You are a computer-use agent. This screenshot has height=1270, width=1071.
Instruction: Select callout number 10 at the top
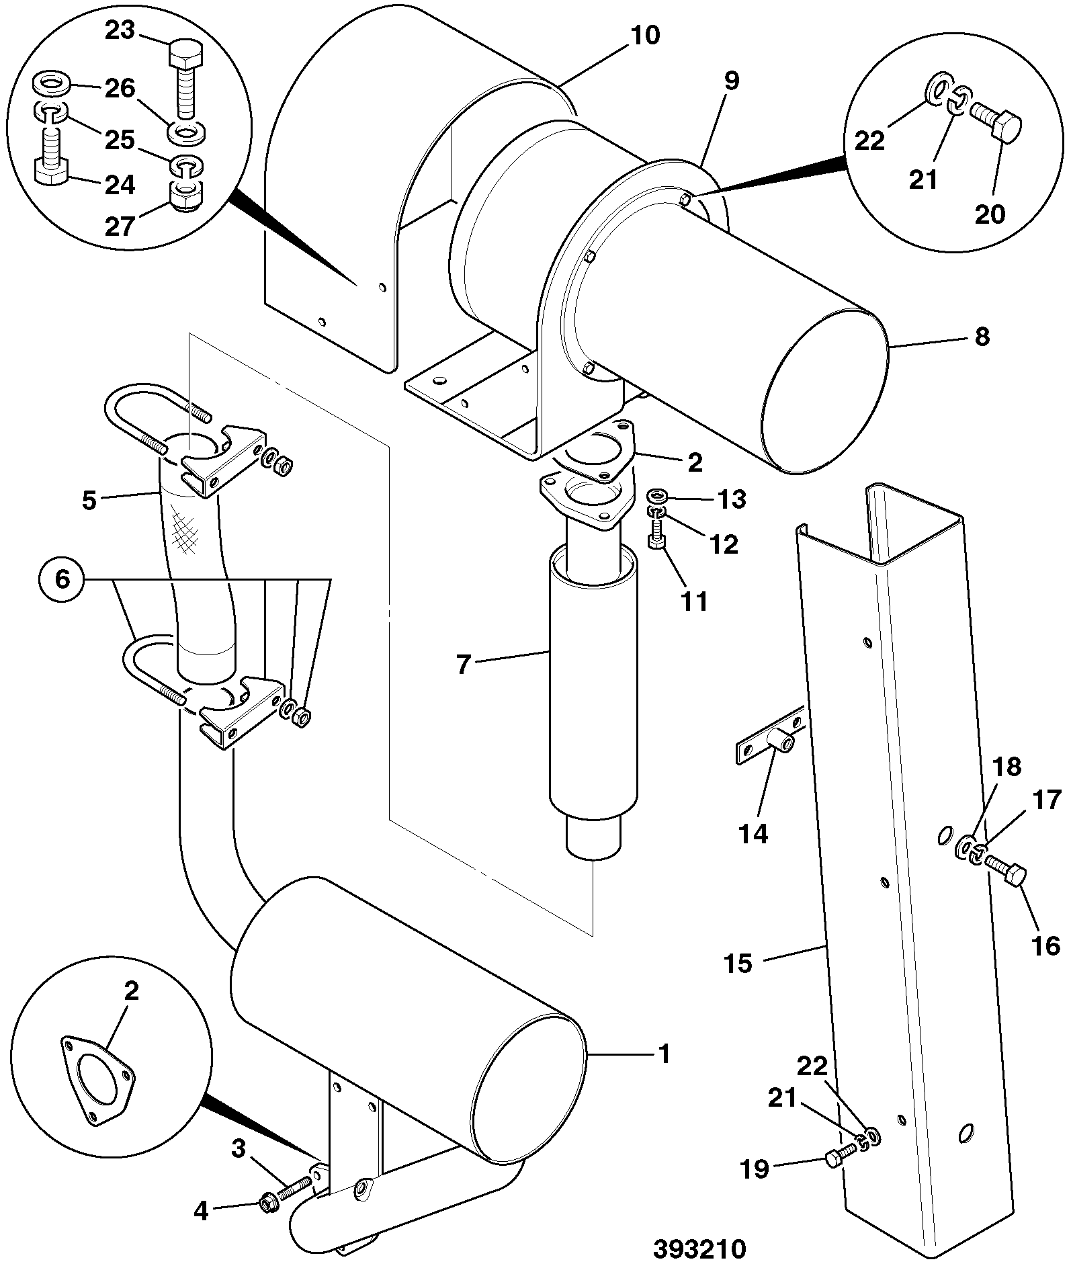pyautogui.click(x=645, y=34)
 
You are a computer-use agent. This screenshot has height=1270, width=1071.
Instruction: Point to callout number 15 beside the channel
pyautogui.click(x=738, y=964)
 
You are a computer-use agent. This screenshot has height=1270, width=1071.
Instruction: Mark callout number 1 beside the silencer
pyautogui.click(x=664, y=1072)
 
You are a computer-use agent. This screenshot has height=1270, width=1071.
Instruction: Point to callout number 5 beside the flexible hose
pyautogui.click(x=89, y=501)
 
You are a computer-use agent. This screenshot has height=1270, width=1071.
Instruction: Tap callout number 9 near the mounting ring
pyautogui.click(x=732, y=81)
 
